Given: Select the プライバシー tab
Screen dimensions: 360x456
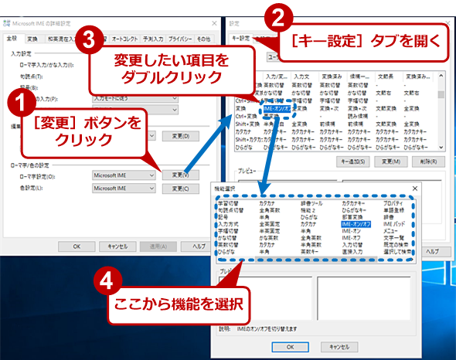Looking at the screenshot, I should pos(180,38).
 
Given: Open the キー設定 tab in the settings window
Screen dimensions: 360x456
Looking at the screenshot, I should pos(241,37).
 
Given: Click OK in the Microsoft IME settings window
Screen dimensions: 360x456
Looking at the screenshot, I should pos(76,245).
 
